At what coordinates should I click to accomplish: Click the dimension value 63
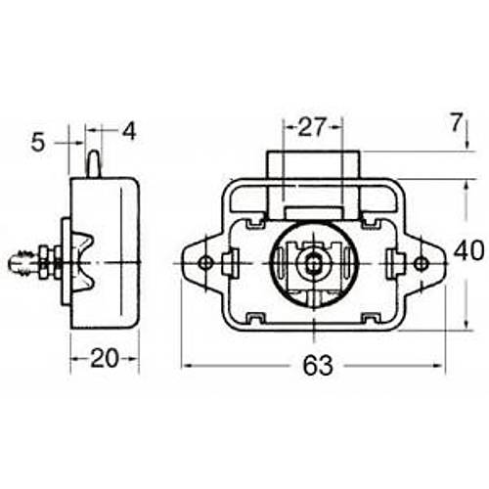(x=318, y=365)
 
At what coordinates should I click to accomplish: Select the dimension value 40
(x=469, y=250)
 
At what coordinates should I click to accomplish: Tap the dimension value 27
(x=312, y=127)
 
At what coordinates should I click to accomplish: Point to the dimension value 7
(x=457, y=123)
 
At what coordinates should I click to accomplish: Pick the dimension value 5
(x=37, y=143)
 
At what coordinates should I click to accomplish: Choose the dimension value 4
(x=129, y=132)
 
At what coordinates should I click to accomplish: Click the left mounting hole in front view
(x=205, y=263)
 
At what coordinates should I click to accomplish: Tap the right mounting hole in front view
(x=421, y=264)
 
